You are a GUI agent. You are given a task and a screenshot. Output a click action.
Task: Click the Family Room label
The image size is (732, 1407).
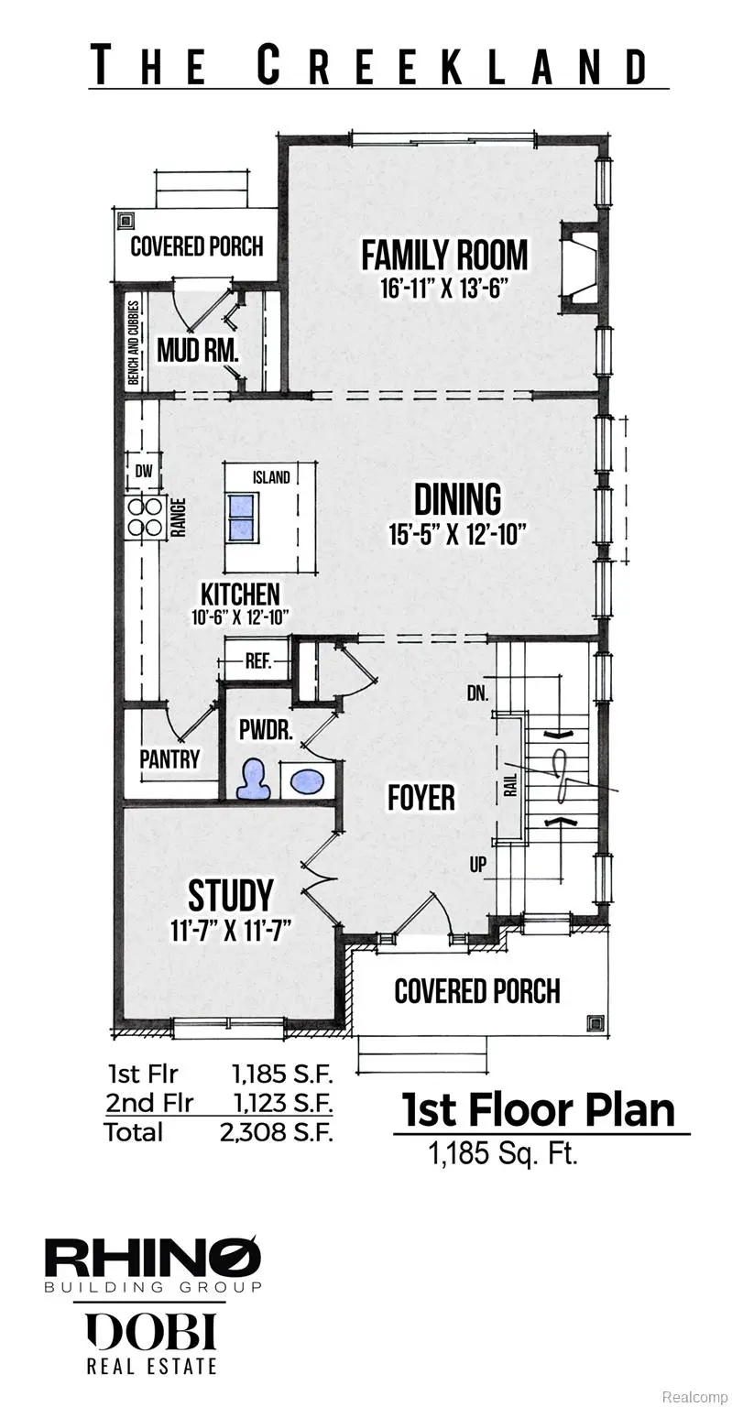(444, 255)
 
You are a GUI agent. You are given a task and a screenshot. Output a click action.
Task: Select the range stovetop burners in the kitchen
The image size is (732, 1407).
(143, 517)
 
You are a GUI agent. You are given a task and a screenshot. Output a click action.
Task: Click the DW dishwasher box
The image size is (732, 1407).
(142, 473)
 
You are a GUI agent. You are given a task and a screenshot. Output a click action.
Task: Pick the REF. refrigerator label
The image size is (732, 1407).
(258, 661)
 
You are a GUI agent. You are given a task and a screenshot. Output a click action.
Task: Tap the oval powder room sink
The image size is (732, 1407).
(306, 781)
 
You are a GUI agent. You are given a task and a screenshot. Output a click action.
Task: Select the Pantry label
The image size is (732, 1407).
(169, 759)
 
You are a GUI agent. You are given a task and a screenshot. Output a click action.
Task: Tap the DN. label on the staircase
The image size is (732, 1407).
(477, 694)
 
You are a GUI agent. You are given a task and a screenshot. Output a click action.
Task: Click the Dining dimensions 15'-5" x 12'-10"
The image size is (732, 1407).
(457, 534)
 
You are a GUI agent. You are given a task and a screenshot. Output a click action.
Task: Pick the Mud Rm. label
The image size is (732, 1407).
(198, 350)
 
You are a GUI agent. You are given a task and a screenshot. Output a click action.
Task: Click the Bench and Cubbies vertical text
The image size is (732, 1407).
(133, 343)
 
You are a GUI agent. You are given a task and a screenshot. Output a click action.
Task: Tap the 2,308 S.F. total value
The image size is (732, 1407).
(276, 1131)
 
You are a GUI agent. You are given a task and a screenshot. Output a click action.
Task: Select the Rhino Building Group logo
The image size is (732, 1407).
(153, 1264)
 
